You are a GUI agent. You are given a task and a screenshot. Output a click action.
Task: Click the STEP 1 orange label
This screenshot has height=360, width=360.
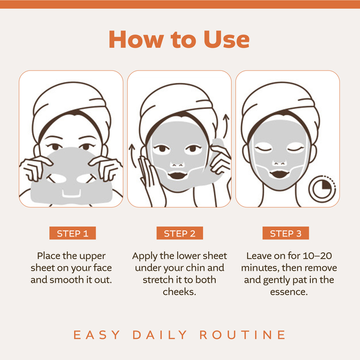[x=73, y=233]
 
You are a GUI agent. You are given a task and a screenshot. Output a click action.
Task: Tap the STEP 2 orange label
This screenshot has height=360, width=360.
[x=179, y=233]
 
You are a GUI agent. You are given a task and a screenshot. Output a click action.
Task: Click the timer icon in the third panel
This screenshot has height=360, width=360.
[x=321, y=189]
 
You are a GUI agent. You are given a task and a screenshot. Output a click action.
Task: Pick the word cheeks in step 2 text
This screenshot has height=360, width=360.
[x=179, y=292]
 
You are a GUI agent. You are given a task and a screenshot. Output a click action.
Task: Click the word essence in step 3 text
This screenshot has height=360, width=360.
[x=289, y=292]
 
